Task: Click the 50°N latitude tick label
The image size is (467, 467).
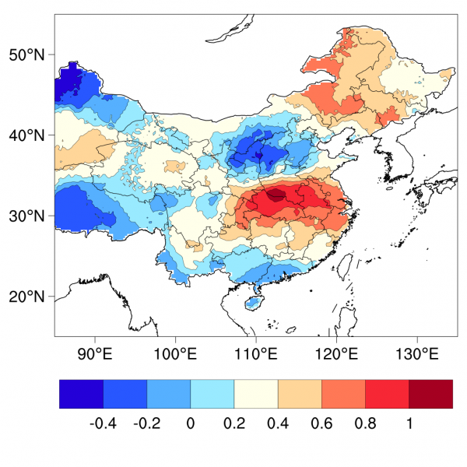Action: [x=26, y=54]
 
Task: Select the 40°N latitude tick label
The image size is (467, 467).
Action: [x=26, y=135]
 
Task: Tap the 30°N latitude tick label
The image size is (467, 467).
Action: [x=26, y=216]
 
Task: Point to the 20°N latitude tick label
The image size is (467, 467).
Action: [x=26, y=297]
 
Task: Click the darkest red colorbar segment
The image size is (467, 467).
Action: [x=430, y=394]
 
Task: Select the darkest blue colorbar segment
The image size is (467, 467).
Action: [x=82, y=394]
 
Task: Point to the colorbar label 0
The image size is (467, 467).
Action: [x=191, y=424]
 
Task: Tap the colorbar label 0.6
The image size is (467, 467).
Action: [x=321, y=424]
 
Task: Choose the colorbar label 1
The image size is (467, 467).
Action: [x=409, y=424]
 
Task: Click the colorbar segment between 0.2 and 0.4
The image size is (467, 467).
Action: [x=256, y=394]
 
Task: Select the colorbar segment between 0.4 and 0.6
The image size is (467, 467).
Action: [x=300, y=394]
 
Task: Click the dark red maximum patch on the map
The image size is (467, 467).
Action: [x=276, y=195]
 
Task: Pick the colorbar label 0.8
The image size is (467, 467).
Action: [x=365, y=424]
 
